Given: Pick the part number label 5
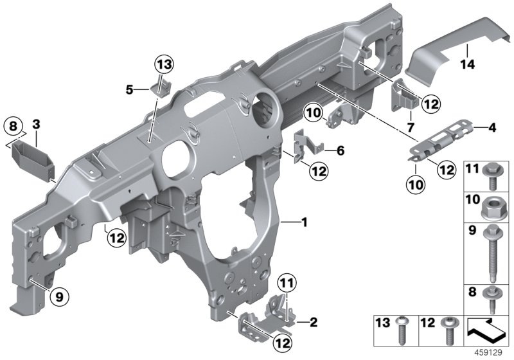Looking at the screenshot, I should coord(129,90).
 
